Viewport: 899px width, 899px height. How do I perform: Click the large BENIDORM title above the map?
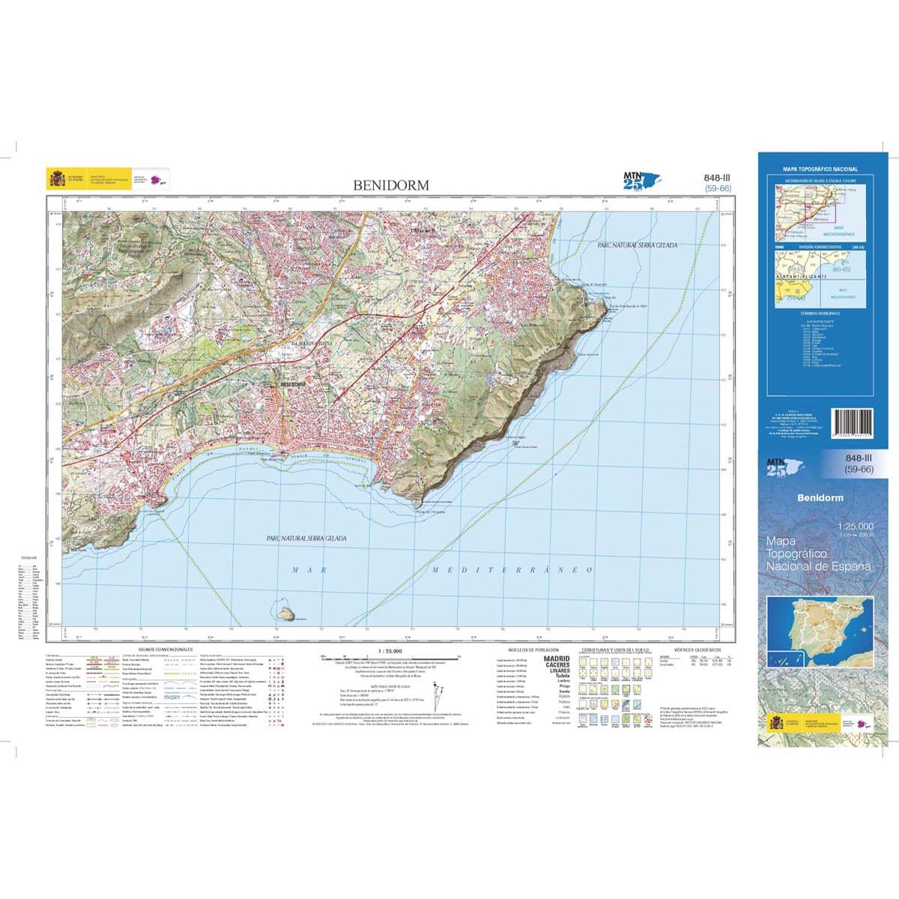click(391, 185)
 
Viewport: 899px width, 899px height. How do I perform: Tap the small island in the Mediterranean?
click(285, 613)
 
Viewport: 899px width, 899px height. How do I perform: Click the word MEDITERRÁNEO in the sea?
click(514, 570)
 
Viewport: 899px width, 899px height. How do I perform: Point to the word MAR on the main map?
click(306, 570)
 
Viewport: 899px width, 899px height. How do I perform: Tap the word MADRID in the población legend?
click(557, 659)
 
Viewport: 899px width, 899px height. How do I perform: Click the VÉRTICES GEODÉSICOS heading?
click(697, 650)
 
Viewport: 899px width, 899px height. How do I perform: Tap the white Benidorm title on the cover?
click(820, 498)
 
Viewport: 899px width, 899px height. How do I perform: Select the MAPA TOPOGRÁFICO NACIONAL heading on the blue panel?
click(820, 170)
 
